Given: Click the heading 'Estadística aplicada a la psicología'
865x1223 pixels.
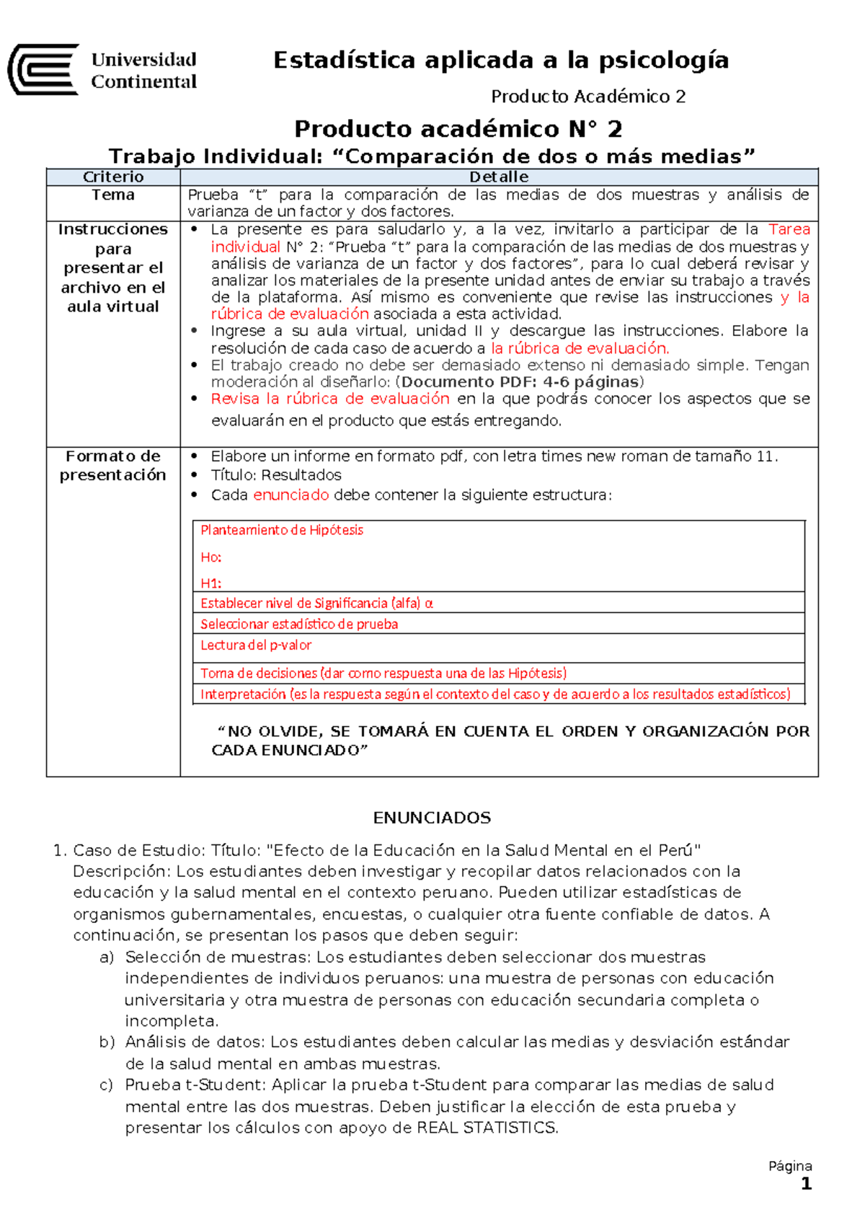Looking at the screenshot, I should pyautogui.click(x=501, y=60).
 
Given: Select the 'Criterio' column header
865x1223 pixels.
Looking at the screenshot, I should pyautogui.click(x=113, y=177).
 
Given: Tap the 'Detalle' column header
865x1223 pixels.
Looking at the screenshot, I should pyautogui.click(x=499, y=177).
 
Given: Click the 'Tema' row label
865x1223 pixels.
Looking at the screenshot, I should pyautogui.click(x=113, y=195).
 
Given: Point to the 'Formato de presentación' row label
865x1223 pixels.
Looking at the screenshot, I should pyautogui.click(x=113, y=465).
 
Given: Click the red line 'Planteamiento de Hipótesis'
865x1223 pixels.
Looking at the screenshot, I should pyautogui.click(x=282, y=530).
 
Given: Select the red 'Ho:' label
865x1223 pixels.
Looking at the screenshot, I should pyautogui.click(x=210, y=557).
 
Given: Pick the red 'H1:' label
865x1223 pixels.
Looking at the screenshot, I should pyautogui.click(x=210, y=583).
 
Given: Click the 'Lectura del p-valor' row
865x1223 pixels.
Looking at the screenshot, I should pyautogui.click(x=256, y=645).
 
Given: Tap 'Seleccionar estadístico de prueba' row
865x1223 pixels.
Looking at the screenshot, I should pyautogui.click(x=299, y=624).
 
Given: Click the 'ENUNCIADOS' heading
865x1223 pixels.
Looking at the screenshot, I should pyautogui.click(x=432, y=818).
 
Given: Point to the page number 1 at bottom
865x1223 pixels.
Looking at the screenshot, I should pyautogui.click(x=806, y=1183).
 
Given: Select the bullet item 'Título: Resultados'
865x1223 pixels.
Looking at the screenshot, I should pyautogui.click(x=276, y=475).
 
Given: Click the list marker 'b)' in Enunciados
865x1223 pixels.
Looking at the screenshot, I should pyautogui.click(x=107, y=1042).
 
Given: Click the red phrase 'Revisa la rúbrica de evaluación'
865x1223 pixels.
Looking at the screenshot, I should pyautogui.click(x=330, y=399).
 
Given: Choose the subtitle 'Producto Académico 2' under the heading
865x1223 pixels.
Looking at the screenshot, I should pyautogui.click(x=587, y=97).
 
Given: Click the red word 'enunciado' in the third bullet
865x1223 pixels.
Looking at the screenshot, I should pyautogui.click(x=291, y=495).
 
